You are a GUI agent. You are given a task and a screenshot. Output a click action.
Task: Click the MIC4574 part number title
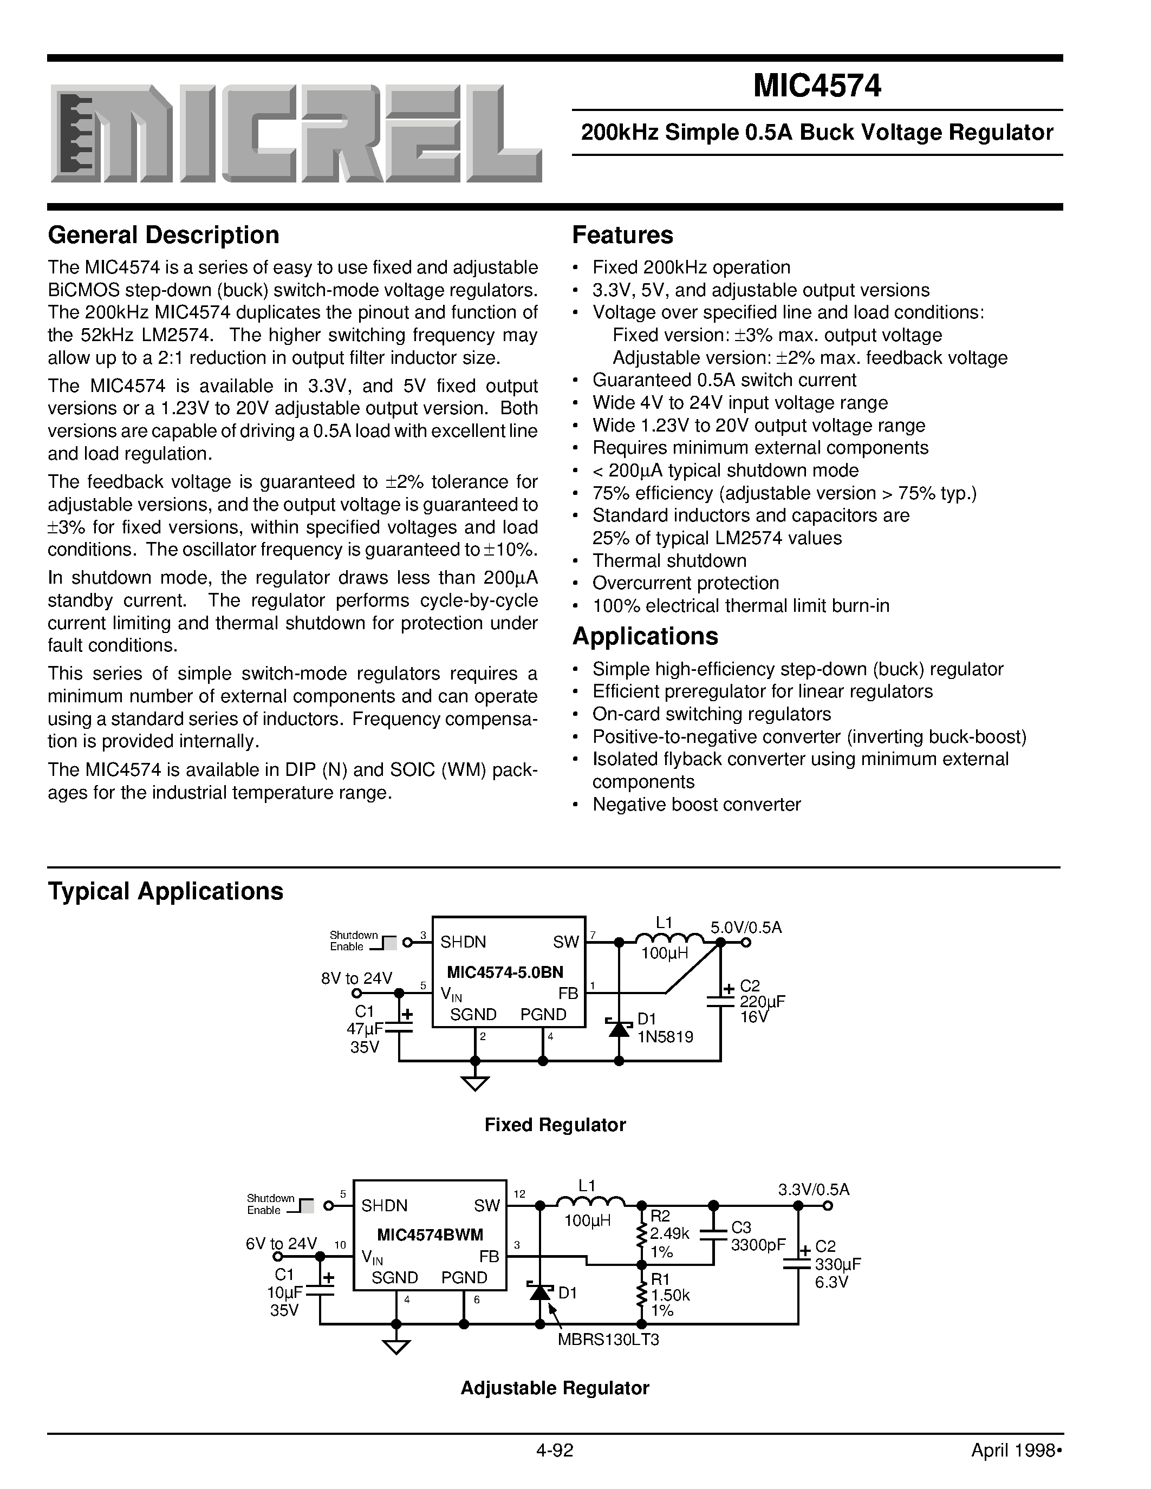coord(816,86)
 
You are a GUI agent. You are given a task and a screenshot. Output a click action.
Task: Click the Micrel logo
coord(296,134)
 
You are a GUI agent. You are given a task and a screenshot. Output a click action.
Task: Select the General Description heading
coord(163,235)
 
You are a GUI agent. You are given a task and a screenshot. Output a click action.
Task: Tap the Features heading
coord(622,235)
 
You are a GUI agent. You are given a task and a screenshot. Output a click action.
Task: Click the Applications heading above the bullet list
coord(645,636)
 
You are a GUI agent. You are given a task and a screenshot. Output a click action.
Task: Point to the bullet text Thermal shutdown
coord(669,560)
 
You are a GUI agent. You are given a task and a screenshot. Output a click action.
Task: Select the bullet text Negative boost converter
coord(696,805)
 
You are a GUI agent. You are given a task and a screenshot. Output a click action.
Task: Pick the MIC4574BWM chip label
coord(430,1235)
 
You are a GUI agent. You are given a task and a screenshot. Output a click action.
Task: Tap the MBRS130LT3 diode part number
coord(608,1340)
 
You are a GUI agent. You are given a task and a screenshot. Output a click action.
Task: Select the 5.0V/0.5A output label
coord(746,927)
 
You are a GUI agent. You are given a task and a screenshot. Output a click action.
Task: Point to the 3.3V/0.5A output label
coord(814,1190)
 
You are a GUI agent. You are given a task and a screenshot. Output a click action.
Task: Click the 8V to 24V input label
coord(356,978)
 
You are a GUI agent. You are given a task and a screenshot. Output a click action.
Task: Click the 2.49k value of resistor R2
coord(669,1233)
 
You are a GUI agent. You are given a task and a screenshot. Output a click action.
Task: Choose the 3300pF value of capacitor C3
coord(758,1245)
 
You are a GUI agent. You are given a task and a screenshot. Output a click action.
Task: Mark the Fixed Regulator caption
coord(554,1125)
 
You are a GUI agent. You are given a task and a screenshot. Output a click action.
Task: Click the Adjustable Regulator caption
coord(554,1388)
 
